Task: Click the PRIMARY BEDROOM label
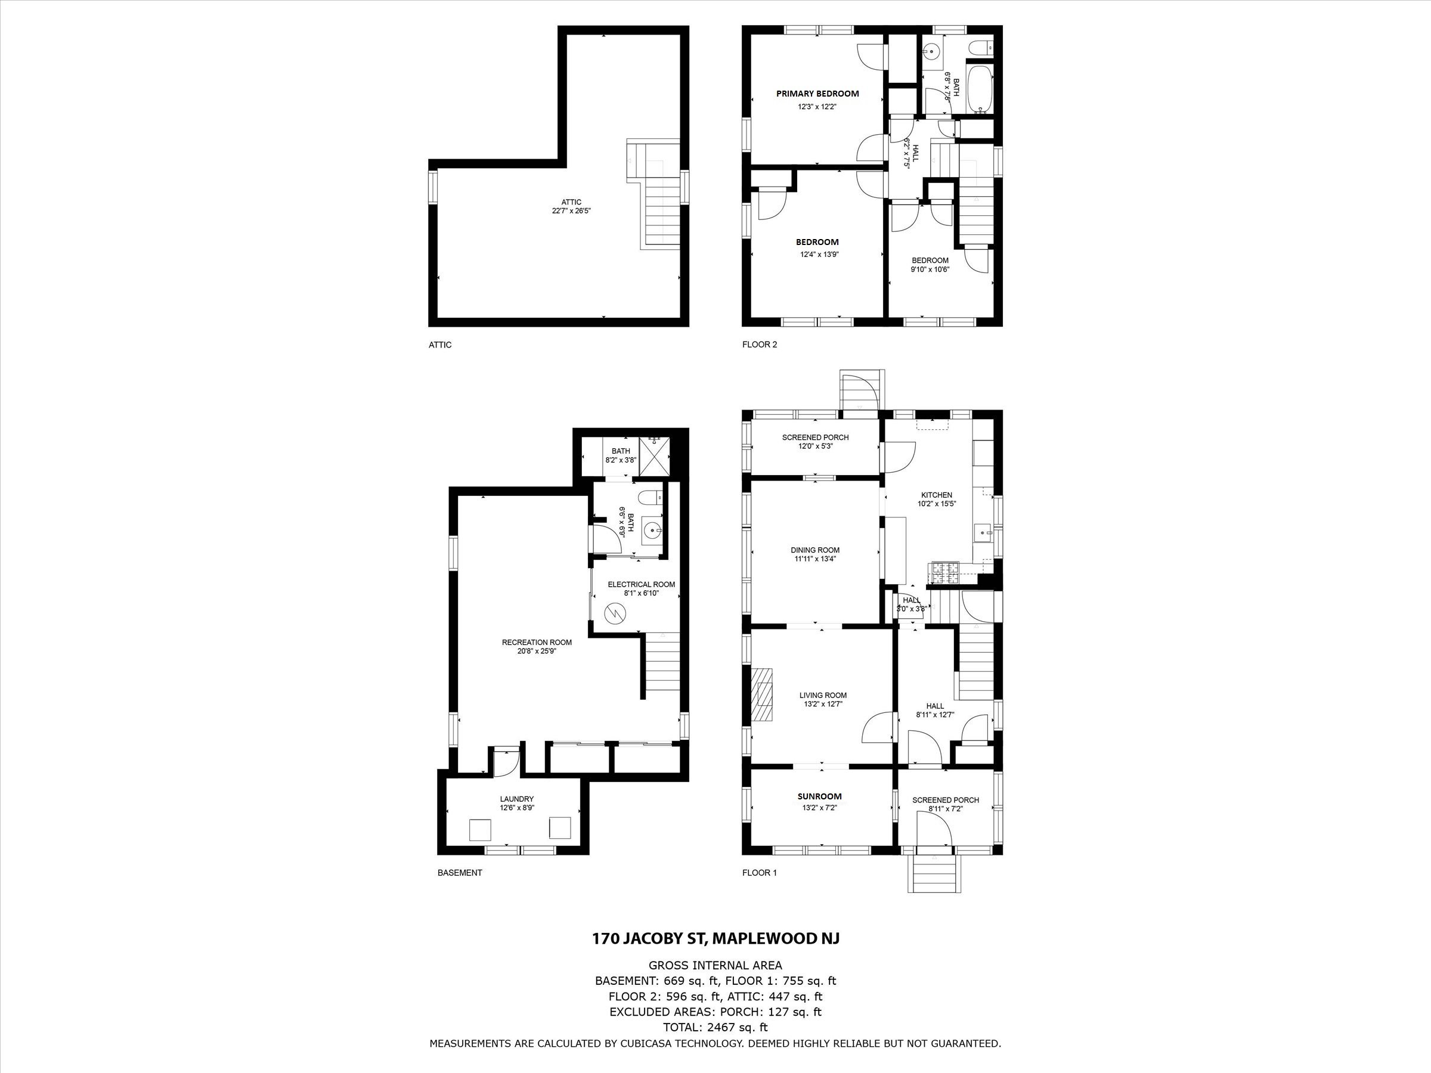817,94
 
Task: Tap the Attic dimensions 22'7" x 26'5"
571,210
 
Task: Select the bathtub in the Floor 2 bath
978,89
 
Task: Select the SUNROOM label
819,796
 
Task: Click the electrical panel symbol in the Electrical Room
612,612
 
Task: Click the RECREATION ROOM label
536,642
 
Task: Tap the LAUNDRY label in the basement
516,799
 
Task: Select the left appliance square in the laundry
479,829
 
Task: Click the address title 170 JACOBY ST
715,938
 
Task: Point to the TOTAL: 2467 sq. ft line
715,1027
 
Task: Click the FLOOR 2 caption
759,345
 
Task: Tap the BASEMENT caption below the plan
459,873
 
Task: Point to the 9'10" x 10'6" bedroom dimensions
930,269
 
